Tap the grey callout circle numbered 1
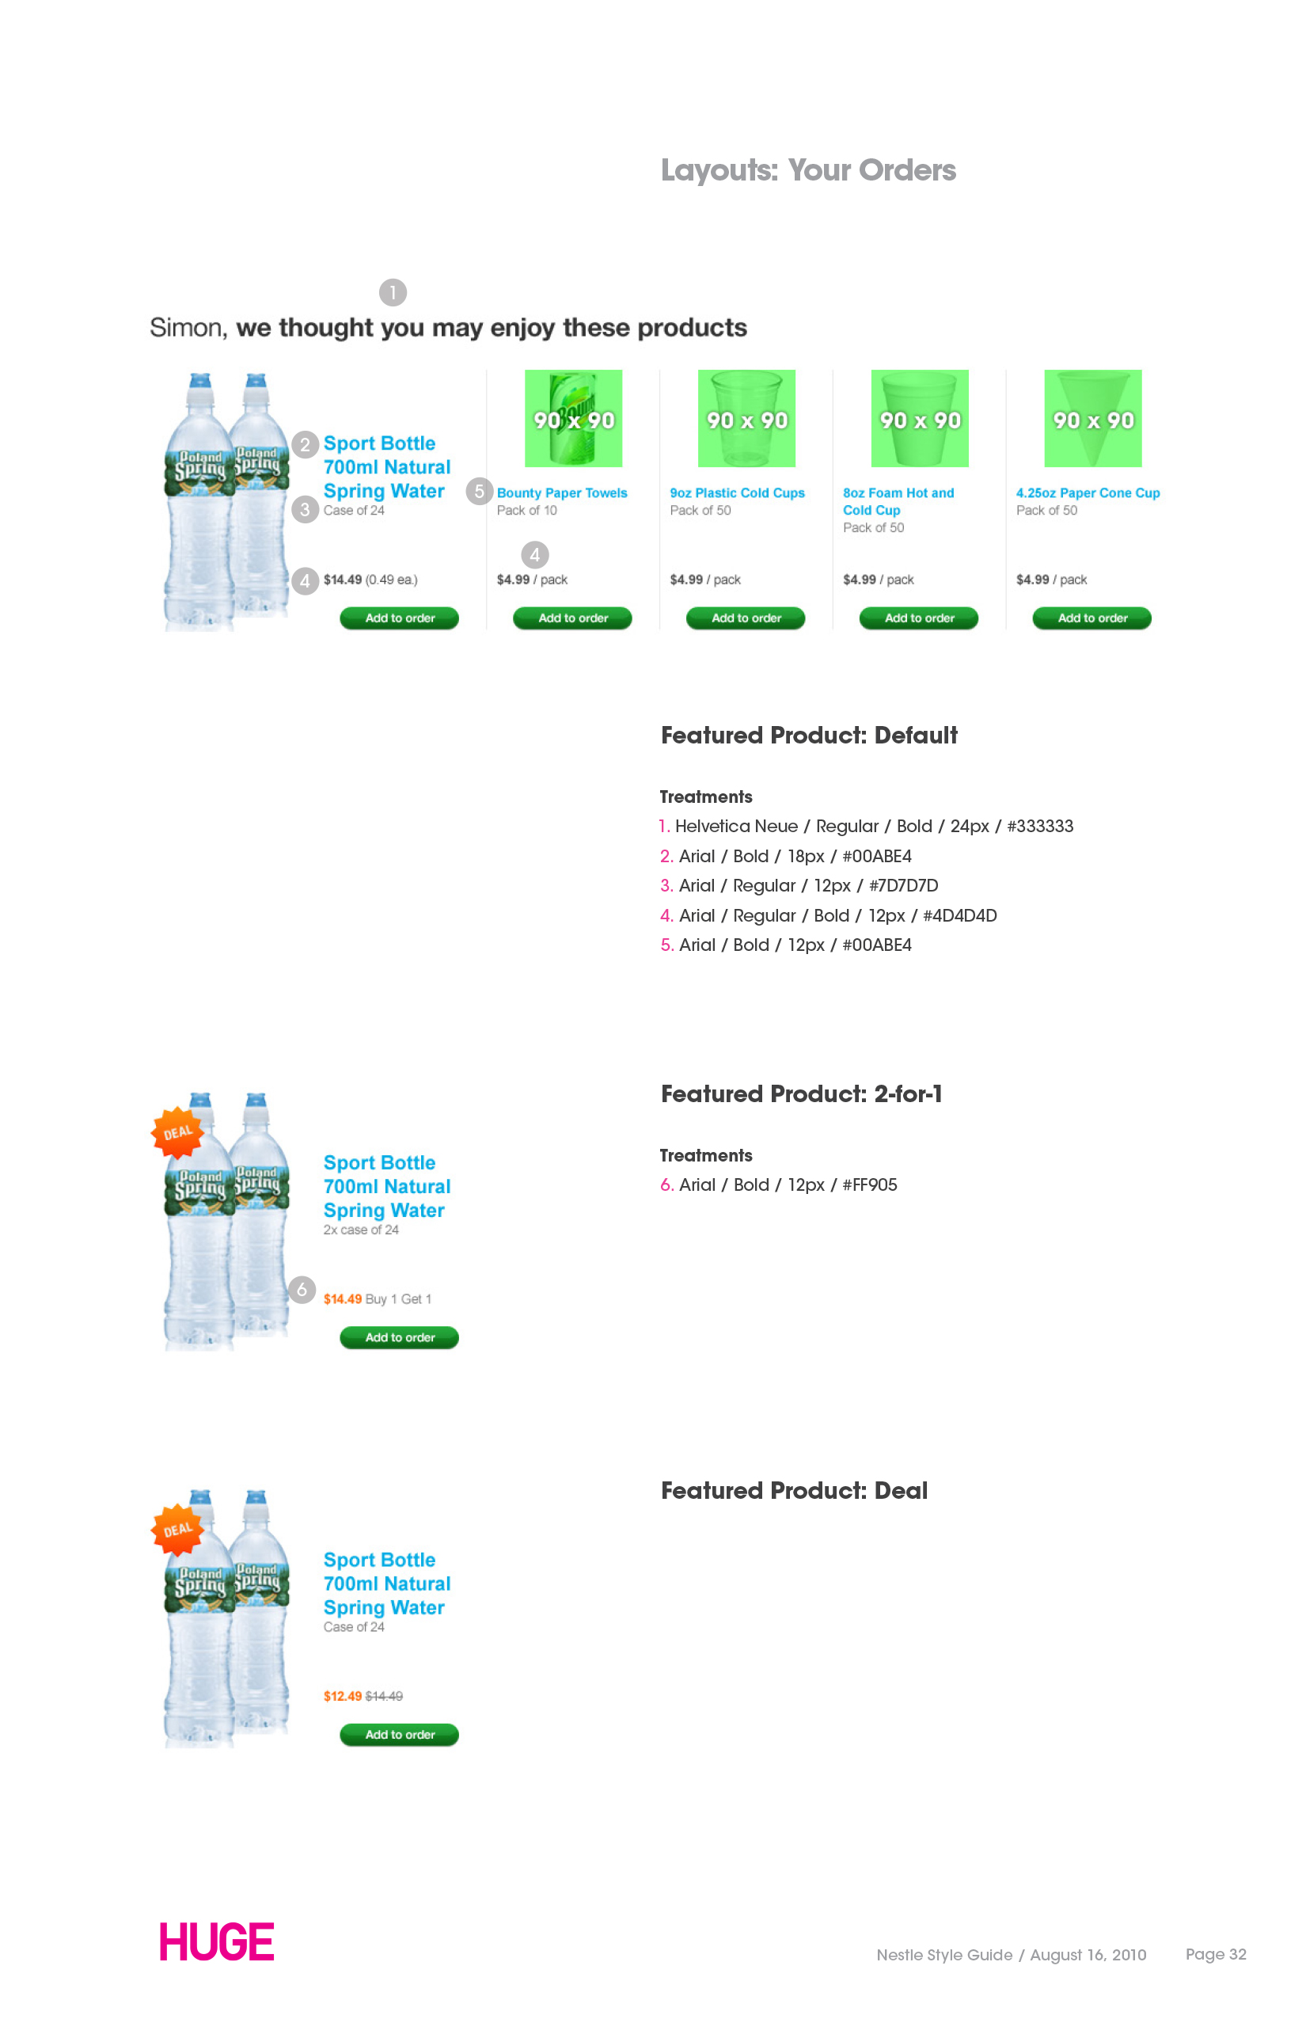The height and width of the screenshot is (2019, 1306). [x=393, y=293]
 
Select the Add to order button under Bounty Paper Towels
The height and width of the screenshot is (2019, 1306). [x=572, y=618]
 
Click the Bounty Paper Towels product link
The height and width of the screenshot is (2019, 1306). [x=561, y=492]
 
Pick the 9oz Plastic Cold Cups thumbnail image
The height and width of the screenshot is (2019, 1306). [x=746, y=418]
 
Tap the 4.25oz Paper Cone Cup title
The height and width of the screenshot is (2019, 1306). [x=1088, y=492]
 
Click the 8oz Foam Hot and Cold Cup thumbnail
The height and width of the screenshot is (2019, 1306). [x=919, y=418]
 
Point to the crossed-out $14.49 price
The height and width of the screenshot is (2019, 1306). [x=384, y=1696]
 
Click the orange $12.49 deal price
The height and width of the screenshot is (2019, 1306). [x=343, y=1696]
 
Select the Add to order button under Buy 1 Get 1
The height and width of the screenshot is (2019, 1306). [x=400, y=1337]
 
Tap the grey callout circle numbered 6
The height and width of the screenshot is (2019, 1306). [x=302, y=1290]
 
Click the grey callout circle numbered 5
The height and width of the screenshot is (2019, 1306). [x=479, y=490]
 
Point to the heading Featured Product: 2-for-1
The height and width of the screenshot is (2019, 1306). [x=801, y=1093]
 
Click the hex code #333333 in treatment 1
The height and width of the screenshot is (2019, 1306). [x=1040, y=827]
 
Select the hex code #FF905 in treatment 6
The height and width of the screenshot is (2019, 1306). [x=869, y=1185]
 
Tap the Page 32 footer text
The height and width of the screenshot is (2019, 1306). [x=1215, y=1954]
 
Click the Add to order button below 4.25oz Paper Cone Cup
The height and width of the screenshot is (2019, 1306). [x=1091, y=618]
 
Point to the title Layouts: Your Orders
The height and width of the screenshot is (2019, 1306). [x=808, y=169]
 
